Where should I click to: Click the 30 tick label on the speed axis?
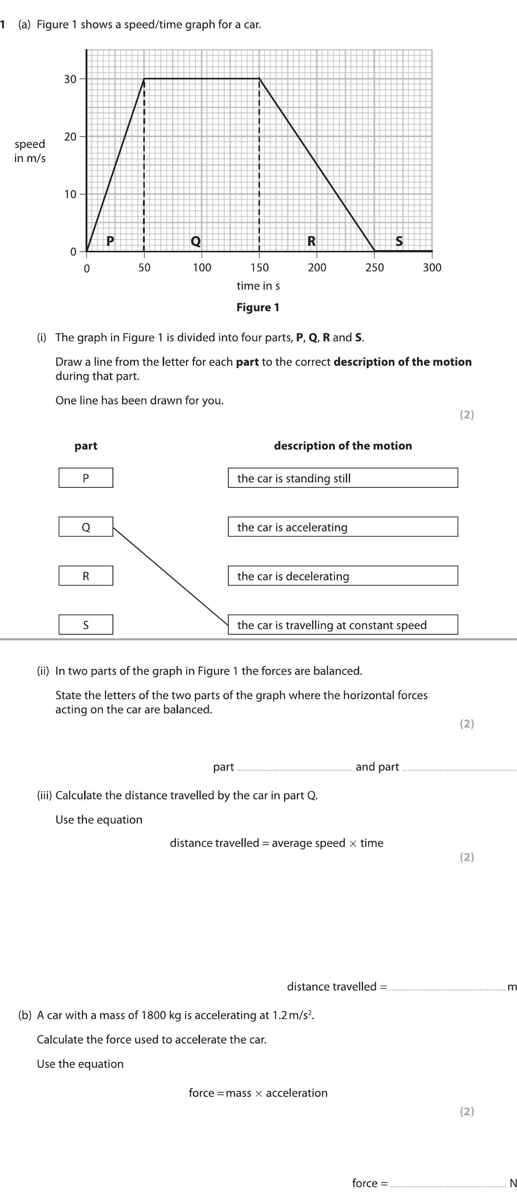pos(70,79)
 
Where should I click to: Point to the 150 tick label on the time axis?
pos(260,267)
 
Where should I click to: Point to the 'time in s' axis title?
pos(258,286)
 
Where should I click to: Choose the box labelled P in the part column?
pos(86,478)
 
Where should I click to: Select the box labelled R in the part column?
pos(86,576)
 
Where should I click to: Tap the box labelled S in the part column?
pos(86,625)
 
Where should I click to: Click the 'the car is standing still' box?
pos(343,478)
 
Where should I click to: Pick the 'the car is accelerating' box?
pos(343,527)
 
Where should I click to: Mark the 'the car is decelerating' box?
pos(343,576)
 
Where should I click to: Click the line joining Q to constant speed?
pos(170,576)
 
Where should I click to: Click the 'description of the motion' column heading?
pos(343,446)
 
